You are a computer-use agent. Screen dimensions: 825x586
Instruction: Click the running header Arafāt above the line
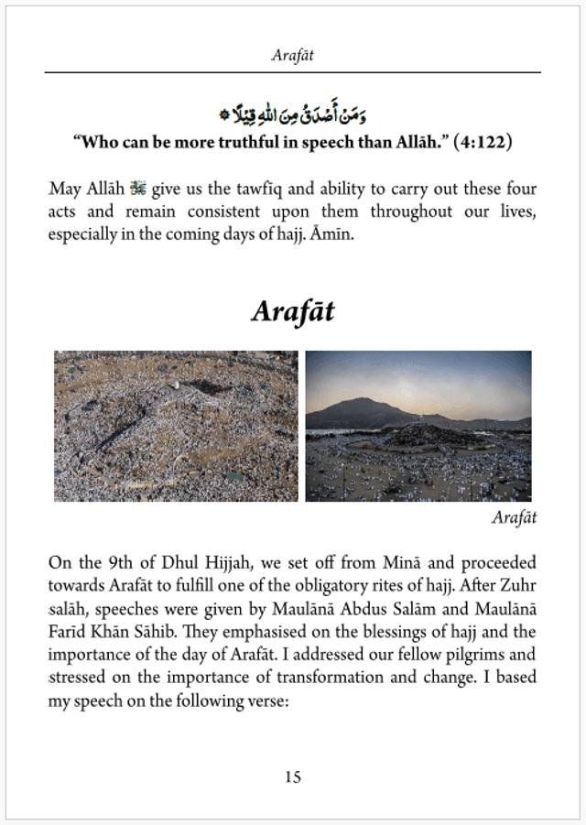pyautogui.click(x=293, y=55)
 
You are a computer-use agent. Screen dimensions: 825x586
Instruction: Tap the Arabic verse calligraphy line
pyautogui.click(x=293, y=116)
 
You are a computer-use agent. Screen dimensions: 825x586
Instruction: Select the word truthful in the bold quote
pyautogui.click(x=236, y=143)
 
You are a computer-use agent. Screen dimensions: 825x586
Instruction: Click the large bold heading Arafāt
pyautogui.click(x=293, y=311)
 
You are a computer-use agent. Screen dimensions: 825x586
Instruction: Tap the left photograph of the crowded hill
pyautogui.click(x=176, y=426)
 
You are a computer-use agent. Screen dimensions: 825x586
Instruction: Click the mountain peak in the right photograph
pyautogui.click(x=364, y=401)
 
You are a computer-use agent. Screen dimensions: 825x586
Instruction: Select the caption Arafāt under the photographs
pyautogui.click(x=514, y=518)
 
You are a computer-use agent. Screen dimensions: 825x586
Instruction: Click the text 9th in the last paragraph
pyautogui.click(x=120, y=562)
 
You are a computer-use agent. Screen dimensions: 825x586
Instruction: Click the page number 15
pyautogui.click(x=292, y=777)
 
